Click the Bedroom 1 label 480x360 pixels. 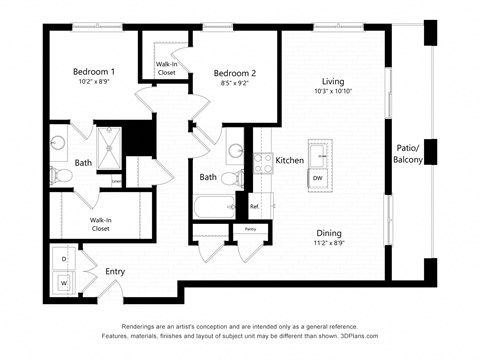(x=94, y=72)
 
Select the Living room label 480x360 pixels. (x=333, y=81)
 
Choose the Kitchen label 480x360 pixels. (x=290, y=160)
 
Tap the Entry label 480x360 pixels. (x=115, y=271)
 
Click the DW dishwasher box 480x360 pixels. (x=317, y=177)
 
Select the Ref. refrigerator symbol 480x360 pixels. (x=254, y=207)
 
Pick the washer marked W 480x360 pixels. (x=65, y=283)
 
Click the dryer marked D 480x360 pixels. (x=65, y=259)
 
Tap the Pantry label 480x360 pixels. (x=250, y=230)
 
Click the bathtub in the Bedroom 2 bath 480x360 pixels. (x=212, y=208)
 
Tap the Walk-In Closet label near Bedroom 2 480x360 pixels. (x=166, y=69)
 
